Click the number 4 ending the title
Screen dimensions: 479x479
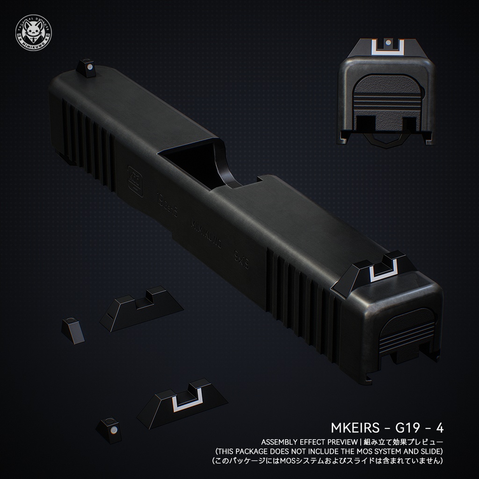coord(439,428)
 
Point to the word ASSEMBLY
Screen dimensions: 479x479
coord(279,442)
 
